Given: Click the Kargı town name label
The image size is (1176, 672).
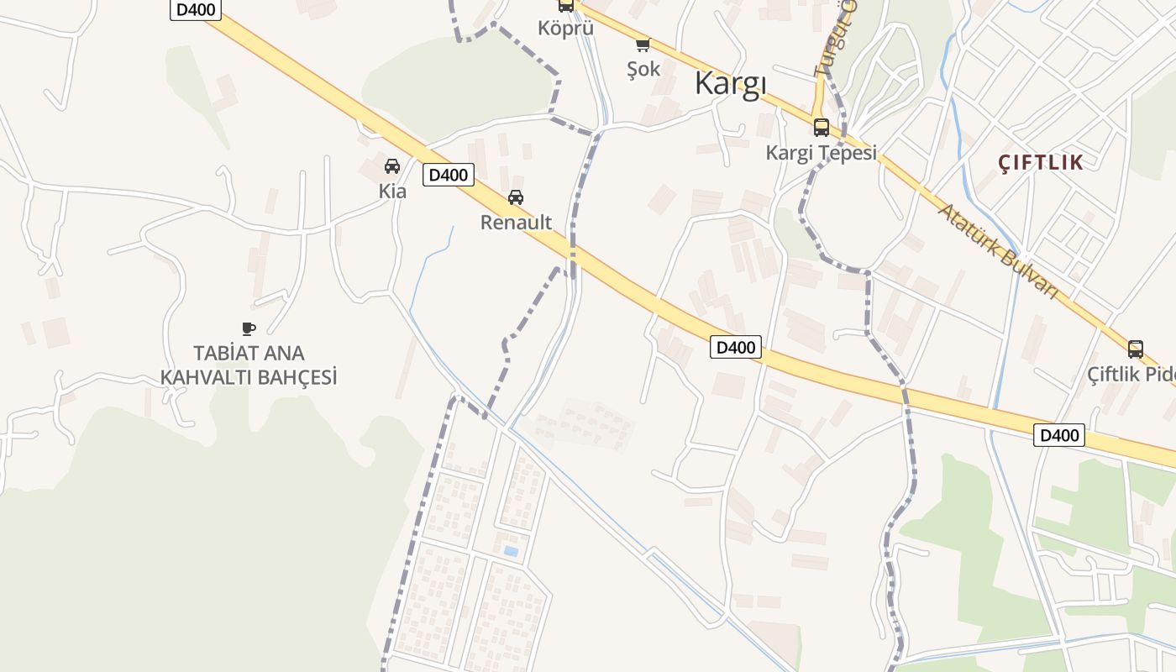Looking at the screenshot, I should tap(731, 84).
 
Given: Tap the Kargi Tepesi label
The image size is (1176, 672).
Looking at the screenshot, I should tap(821, 153).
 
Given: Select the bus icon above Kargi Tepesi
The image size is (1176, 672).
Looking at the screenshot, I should tap(822, 128).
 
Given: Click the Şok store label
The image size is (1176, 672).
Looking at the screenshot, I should tap(643, 70).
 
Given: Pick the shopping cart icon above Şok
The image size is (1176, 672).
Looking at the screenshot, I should tap(643, 45).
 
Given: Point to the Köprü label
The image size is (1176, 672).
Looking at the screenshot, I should tap(565, 28).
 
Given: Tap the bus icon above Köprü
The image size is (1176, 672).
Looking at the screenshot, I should tap(566, 6).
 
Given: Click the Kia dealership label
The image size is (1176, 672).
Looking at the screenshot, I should tap(392, 192).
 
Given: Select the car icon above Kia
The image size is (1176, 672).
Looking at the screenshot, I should tap(392, 166).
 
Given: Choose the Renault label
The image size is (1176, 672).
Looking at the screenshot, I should tap(516, 223).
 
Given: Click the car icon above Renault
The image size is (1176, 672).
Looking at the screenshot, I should tap(516, 197).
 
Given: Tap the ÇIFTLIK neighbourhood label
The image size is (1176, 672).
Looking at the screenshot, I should tap(1041, 163).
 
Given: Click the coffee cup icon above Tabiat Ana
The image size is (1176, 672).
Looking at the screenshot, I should tap(248, 328).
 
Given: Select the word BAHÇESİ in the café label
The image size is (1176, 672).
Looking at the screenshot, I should tap(291, 378).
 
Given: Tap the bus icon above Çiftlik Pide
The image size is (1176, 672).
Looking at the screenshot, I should tap(1136, 349).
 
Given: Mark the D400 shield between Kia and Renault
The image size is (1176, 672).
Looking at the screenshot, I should tap(449, 176).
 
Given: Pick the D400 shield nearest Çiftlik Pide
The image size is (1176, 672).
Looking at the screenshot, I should tap(1059, 435).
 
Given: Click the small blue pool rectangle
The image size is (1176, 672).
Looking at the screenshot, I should tap(510, 552).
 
